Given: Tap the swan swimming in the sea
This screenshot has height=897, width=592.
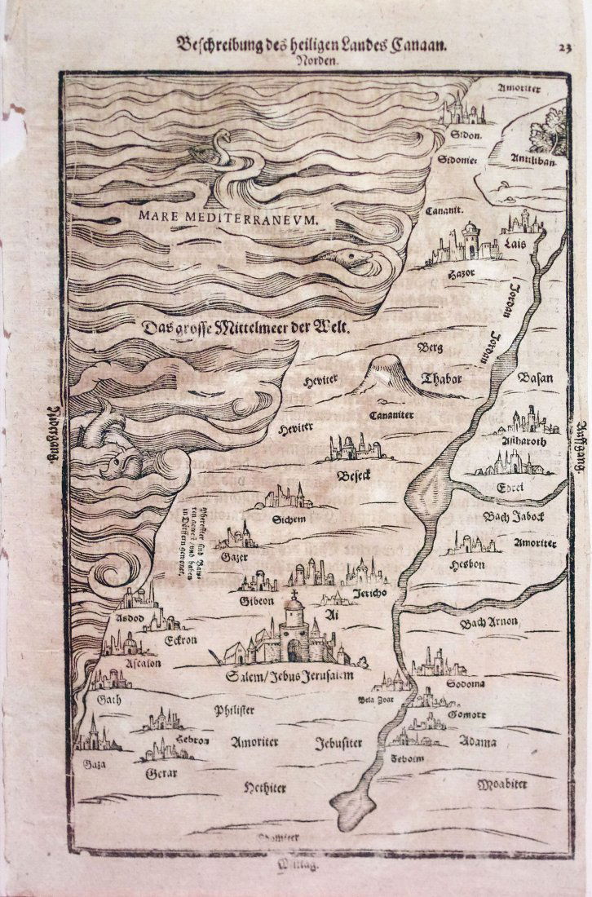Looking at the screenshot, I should [x=214, y=155].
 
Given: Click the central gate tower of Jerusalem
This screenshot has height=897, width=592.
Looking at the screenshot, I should [x=294, y=632].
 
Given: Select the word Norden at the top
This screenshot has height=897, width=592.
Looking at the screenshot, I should [x=312, y=60].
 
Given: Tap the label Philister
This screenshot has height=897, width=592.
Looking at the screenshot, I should [x=234, y=710].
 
